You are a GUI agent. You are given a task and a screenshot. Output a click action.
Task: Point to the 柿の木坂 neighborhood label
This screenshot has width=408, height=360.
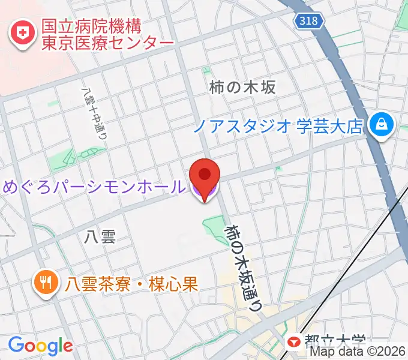pos(242,87)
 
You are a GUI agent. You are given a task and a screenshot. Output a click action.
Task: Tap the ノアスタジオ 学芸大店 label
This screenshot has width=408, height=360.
pos(279,126)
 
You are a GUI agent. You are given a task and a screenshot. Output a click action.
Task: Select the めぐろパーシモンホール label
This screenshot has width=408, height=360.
pos(94,187)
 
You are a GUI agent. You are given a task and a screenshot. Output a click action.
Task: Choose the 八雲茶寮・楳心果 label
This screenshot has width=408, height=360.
pos(132,283)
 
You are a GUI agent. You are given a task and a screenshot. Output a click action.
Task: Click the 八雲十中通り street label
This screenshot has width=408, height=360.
pos(94,115)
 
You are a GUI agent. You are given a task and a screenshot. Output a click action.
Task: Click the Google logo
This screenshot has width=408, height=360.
pos(41,345)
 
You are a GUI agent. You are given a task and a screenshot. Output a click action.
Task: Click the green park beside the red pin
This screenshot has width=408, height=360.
pos(214,227)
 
